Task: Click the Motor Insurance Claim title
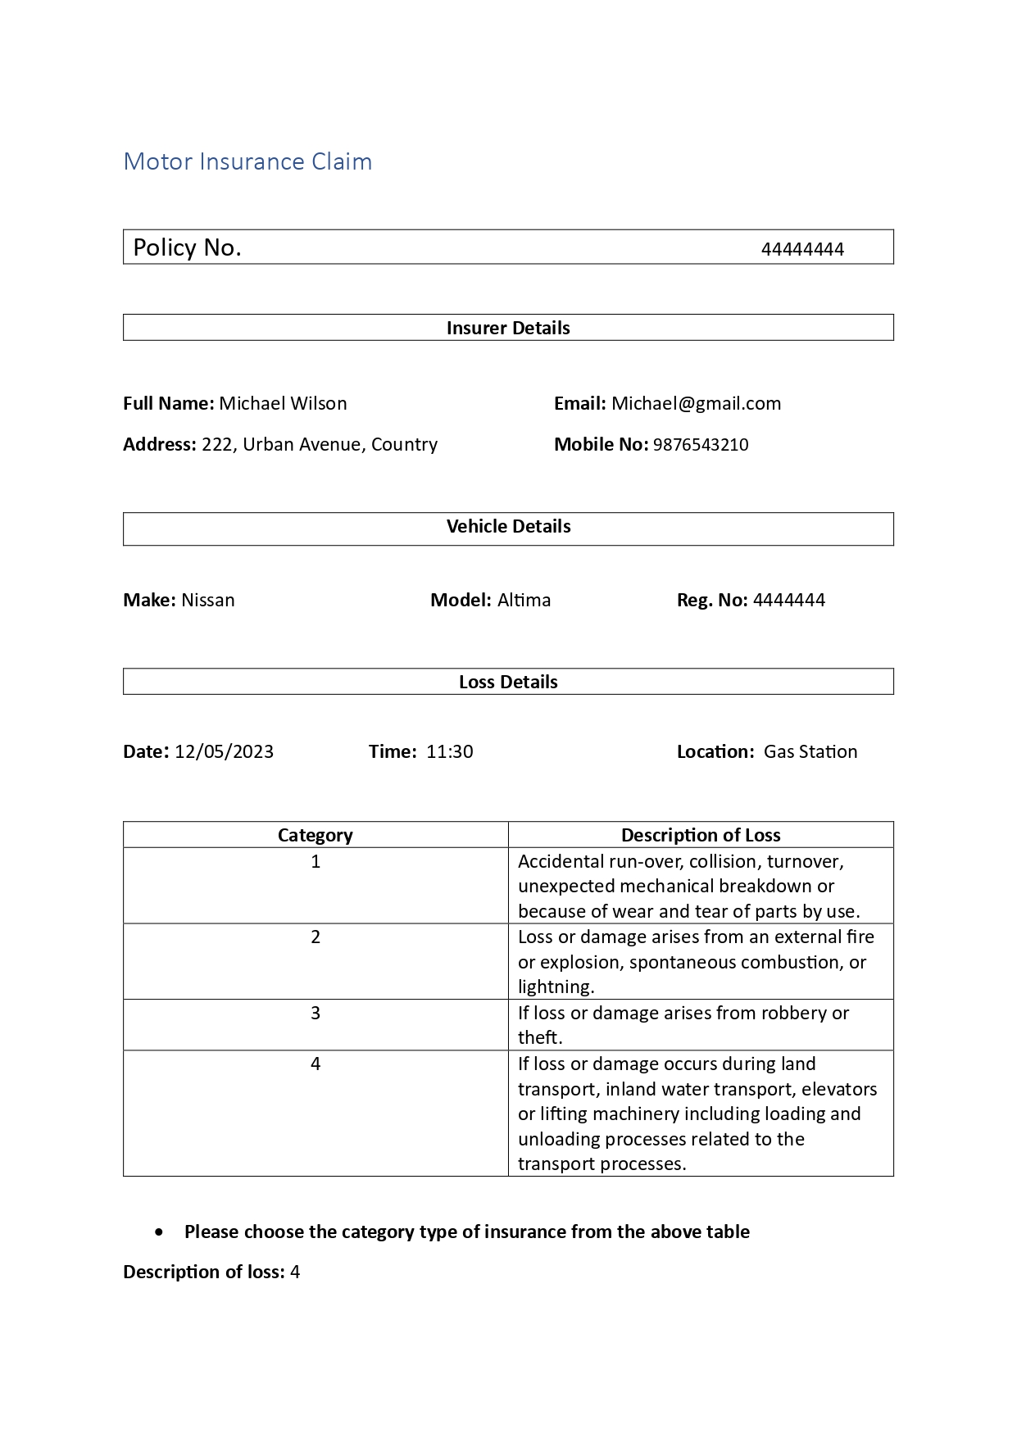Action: click(x=247, y=161)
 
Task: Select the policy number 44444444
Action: click(x=801, y=249)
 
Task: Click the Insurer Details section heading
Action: click(x=508, y=328)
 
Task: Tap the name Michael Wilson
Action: click(x=283, y=403)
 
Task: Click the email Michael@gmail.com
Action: click(x=696, y=403)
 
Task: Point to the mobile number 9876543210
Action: click(x=700, y=444)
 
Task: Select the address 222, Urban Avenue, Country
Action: click(x=320, y=444)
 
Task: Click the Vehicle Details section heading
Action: click(x=508, y=527)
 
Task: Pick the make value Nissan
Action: click(x=207, y=600)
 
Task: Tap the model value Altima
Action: click(x=524, y=600)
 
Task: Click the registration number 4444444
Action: click(x=788, y=600)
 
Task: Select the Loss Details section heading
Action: click(x=508, y=682)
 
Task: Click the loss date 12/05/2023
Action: click(x=224, y=751)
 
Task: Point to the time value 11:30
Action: click(x=449, y=751)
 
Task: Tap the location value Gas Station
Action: click(x=810, y=751)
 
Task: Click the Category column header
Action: click(x=316, y=835)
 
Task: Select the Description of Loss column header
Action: click(x=701, y=835)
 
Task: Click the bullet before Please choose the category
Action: click(x=159, y=1232)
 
